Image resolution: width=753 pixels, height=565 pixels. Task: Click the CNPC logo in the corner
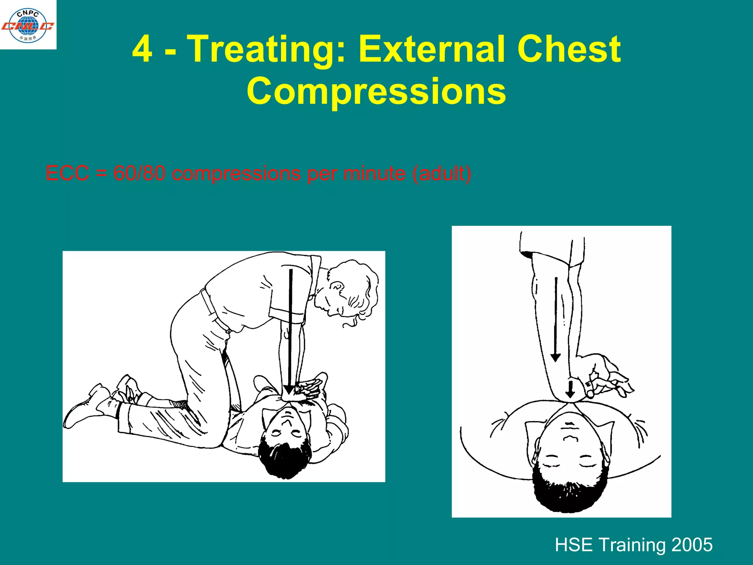[28, 25]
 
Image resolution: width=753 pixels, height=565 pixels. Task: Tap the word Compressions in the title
[376, 91]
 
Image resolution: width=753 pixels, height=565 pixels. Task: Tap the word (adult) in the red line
[442, 174]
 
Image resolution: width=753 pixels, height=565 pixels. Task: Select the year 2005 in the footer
[692, 545]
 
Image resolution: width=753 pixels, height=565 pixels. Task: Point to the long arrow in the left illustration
[290, 331]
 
